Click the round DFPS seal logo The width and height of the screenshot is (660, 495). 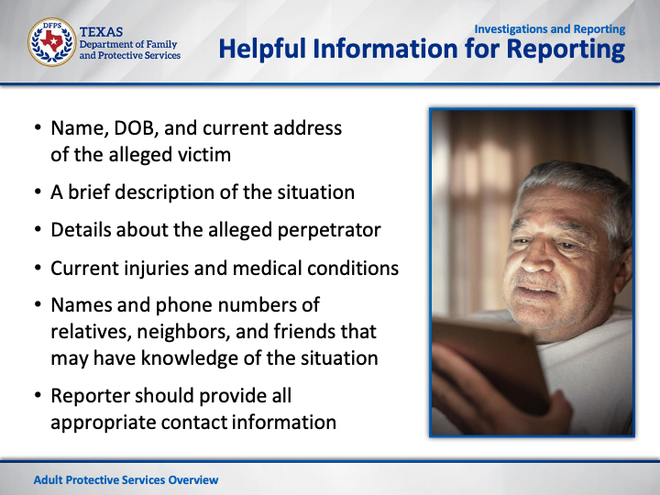(x=52, y=42)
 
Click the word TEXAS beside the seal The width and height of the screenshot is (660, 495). (x=101, y=32)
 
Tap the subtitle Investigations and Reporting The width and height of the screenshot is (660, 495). (x=550, y=29)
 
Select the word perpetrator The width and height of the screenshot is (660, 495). (x=329, y=231)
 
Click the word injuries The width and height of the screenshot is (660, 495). (x=156, y=269)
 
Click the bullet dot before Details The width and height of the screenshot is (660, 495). (x=38, y=229)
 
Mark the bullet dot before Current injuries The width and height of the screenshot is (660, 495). (x=38, y=268)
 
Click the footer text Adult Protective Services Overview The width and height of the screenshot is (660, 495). (x=126, y=479)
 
